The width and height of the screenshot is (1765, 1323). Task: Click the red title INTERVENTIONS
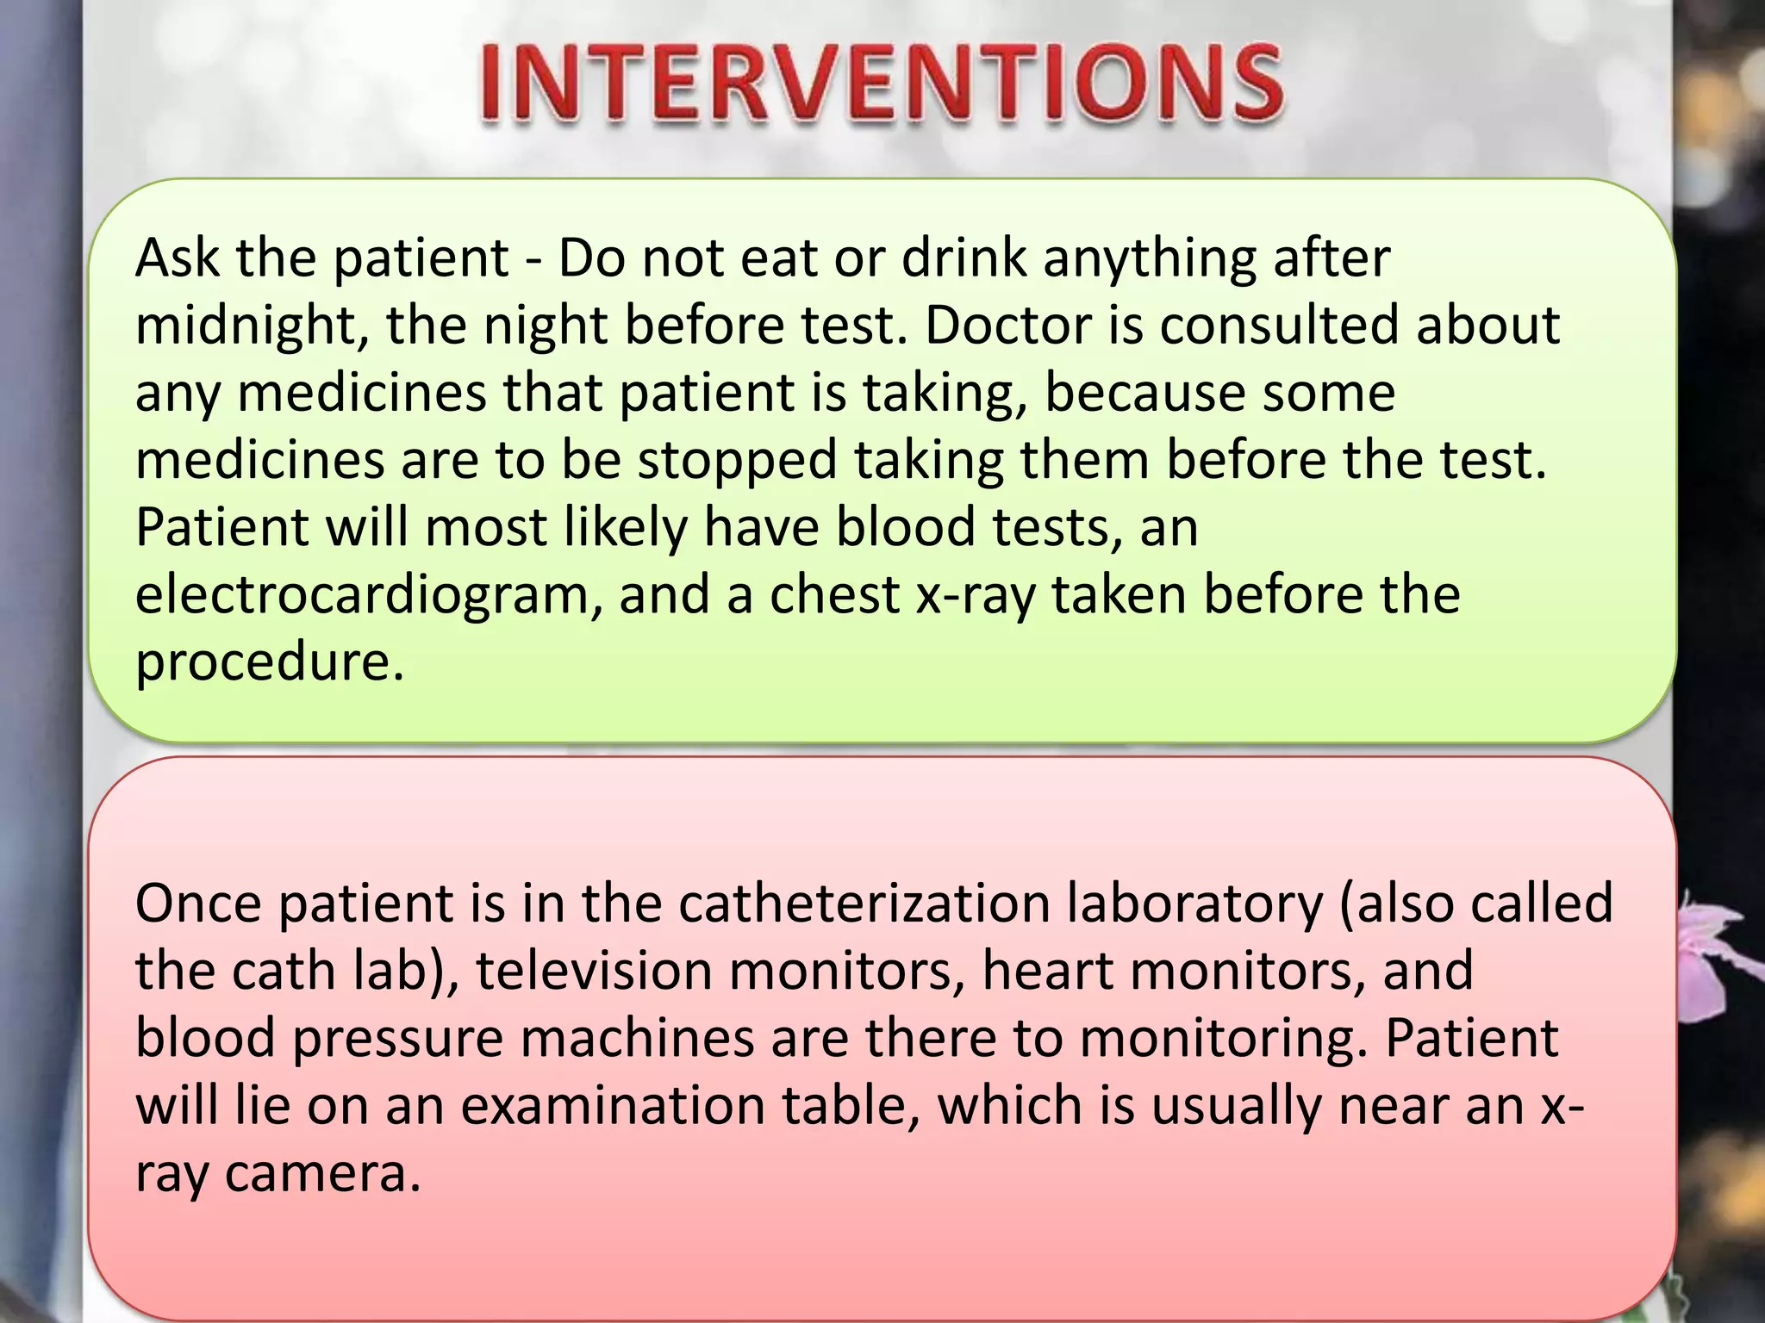tap(881, 84)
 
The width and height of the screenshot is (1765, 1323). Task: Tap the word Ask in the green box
tap(177, 258)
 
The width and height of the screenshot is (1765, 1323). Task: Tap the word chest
tap(834, 595)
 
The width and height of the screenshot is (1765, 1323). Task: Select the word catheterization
tap(864, 904)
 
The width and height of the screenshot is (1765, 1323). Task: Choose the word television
tap(595, 971)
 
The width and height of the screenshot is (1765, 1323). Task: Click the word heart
tap(1047, 971)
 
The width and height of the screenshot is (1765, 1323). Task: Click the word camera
tap(322, 1173)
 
